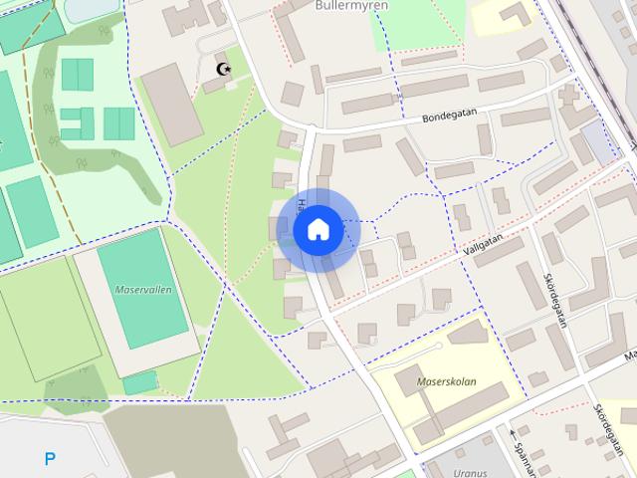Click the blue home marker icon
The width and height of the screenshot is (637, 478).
point(318,230)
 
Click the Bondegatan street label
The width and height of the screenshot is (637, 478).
point(448,117)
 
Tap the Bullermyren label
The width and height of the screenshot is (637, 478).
point(342,5)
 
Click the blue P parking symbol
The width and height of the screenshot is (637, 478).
point(49,459)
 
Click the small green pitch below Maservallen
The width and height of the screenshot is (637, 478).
point(139,382)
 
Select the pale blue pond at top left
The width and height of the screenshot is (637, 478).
point(90,8)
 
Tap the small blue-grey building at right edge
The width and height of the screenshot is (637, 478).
point(600,144)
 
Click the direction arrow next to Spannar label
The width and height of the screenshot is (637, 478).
point(516,433)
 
